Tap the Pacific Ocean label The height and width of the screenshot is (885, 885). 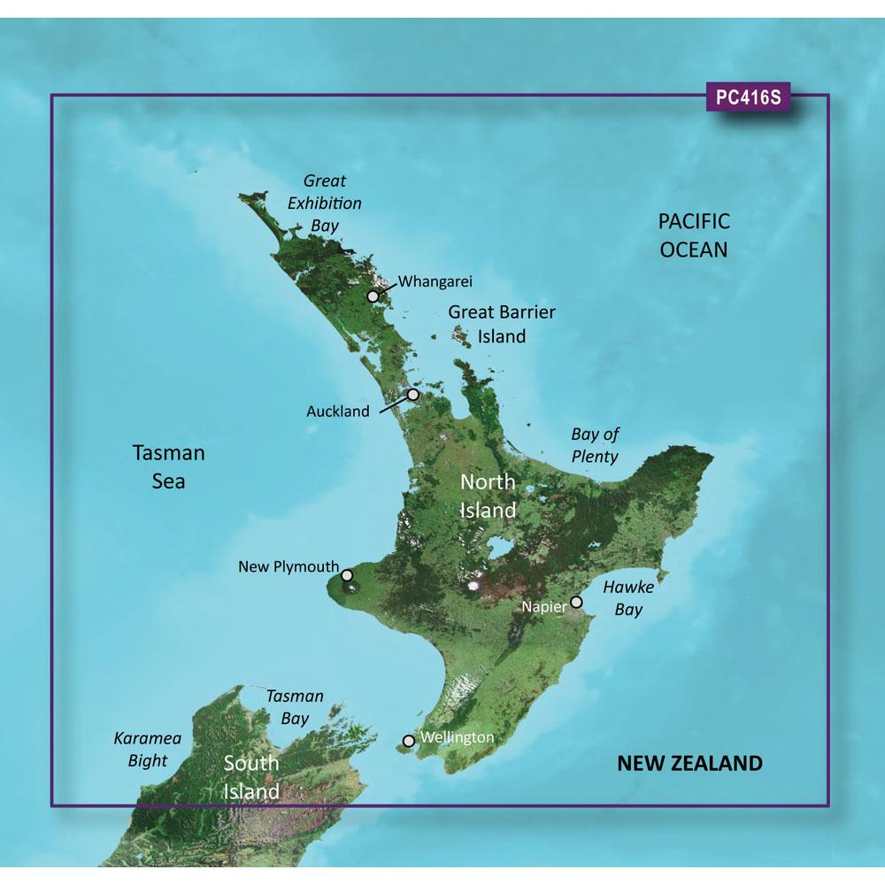(694, 235)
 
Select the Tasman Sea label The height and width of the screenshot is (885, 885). (168, 467)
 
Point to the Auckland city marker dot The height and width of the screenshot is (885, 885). (413, 395)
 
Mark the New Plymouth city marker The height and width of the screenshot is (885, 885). (347, 574)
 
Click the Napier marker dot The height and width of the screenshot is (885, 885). (576, 602)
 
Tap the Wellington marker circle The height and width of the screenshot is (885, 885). (408, 741)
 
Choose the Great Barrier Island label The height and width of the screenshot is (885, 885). (502, 324)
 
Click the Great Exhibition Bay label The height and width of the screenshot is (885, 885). (325, 203)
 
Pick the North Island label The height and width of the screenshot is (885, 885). (487, 496)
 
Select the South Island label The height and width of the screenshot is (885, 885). (251, 776)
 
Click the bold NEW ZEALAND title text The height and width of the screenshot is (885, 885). (689, 763)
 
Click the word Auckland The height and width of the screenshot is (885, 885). (337, 412)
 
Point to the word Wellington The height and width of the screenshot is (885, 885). (458, 736)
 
